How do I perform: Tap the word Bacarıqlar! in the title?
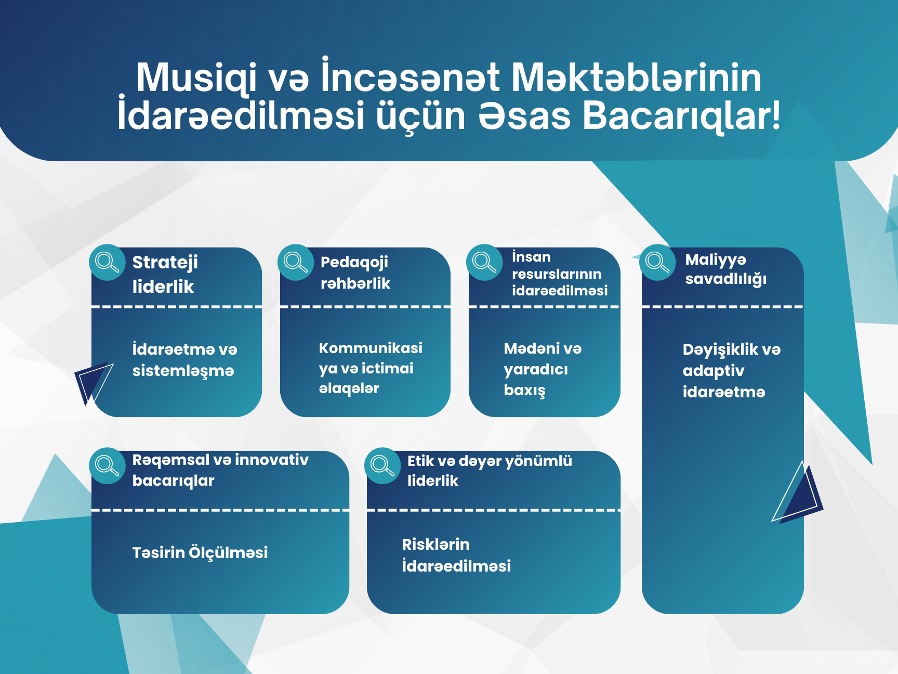pyautogui.click(x=681, y=116)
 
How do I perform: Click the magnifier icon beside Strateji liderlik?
pyautogui.click(x=107, y=263)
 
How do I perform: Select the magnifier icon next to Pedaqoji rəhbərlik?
pyautogui.click(x=296, y=263)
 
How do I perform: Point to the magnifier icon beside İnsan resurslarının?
pyautogui.click(x=484, y=263)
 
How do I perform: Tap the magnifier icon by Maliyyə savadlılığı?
pyautogui.click(x=657, y=263)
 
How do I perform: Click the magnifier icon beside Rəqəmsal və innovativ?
pyautogui.click(x=107, y=466)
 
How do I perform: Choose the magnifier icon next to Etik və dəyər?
pyautogui.click(x=382, y=466)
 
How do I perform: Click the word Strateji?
pyautogui.click(x=165, y=263)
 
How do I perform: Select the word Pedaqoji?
pyautogui.click(x=354, y=263)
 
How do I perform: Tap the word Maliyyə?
pyautogui.click(x=716, y=260)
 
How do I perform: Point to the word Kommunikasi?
pyautogui.click(x=371, y=348)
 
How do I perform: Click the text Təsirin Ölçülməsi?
pyautogui.click(x=200, y=553)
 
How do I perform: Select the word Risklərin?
pyautogui.click(x=435, y=545)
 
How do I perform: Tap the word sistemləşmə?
pyautogui.click(x=183, y=371)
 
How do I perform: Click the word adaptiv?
pyautogui.click(x=714, y=371)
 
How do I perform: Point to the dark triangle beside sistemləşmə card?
pyautogui.click(x=88, y=380)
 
